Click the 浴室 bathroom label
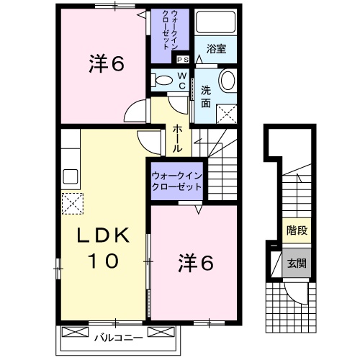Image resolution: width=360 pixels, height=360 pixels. click(217, 49)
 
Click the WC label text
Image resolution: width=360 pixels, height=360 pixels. click(182, 81)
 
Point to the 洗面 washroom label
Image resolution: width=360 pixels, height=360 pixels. click(206, 96)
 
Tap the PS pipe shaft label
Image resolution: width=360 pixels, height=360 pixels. click(182, 60)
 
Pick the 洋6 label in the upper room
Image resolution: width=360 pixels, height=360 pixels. click(107, 66)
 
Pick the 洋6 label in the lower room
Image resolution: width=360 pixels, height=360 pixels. click(195, 264)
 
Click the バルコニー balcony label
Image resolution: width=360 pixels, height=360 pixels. click(119, 335)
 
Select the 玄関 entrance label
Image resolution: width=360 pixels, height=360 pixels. click(297, 263)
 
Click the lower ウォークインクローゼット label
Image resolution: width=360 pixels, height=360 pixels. click(176, 181)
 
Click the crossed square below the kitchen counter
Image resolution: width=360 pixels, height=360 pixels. click(72, 204)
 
